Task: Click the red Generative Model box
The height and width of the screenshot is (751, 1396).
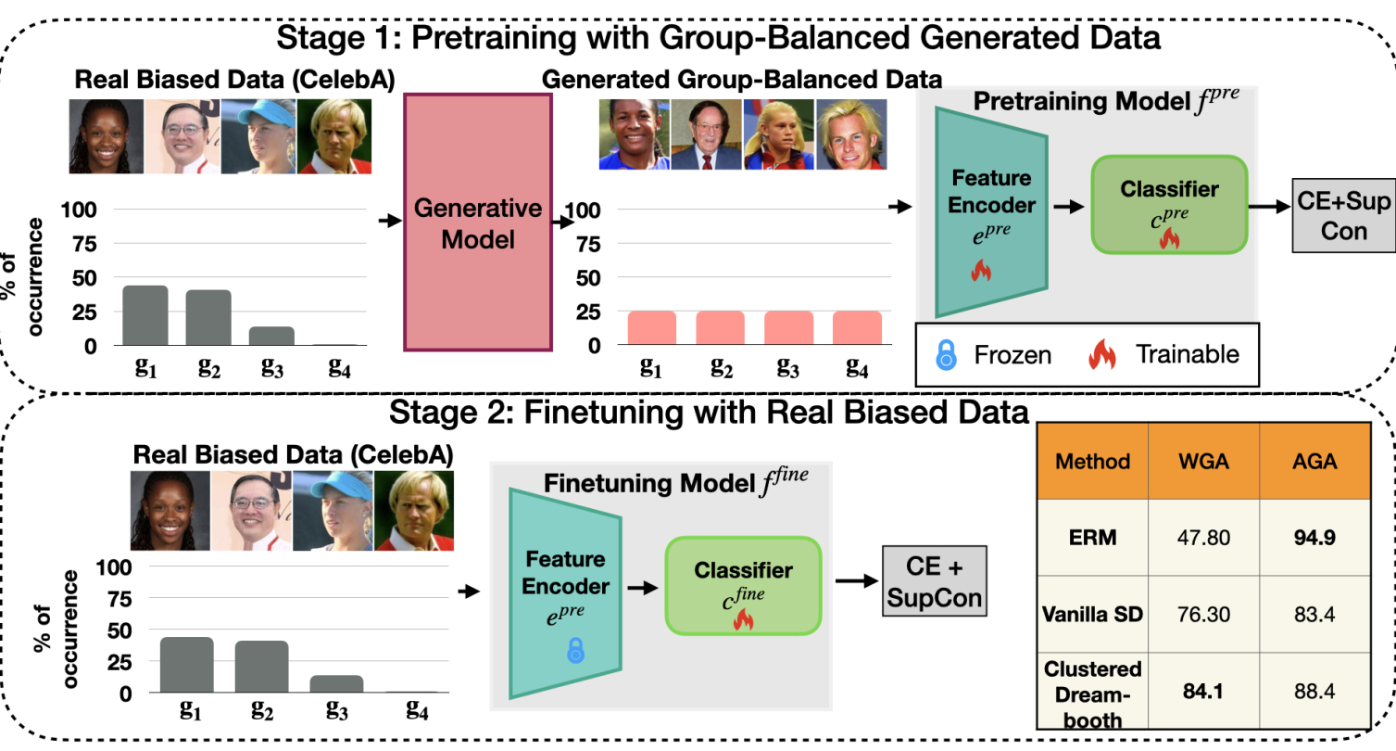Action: click(x=478, y=223)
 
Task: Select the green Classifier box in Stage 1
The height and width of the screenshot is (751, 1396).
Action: click(x=1169, y=204)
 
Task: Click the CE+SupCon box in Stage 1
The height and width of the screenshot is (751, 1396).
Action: click(x=1343, y=215)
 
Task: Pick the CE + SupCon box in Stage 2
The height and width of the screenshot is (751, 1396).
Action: click(x=933, y=581)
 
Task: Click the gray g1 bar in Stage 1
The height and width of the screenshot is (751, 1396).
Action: click(x=145, y=315)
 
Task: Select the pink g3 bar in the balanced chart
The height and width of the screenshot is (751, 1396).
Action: click(x=788, y=328)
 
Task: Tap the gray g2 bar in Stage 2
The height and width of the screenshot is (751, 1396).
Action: click(x=261, y=666)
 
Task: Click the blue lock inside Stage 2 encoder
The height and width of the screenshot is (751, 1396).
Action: click(x=575, y=651)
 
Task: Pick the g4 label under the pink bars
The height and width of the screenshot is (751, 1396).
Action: click(x=857, y=367)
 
